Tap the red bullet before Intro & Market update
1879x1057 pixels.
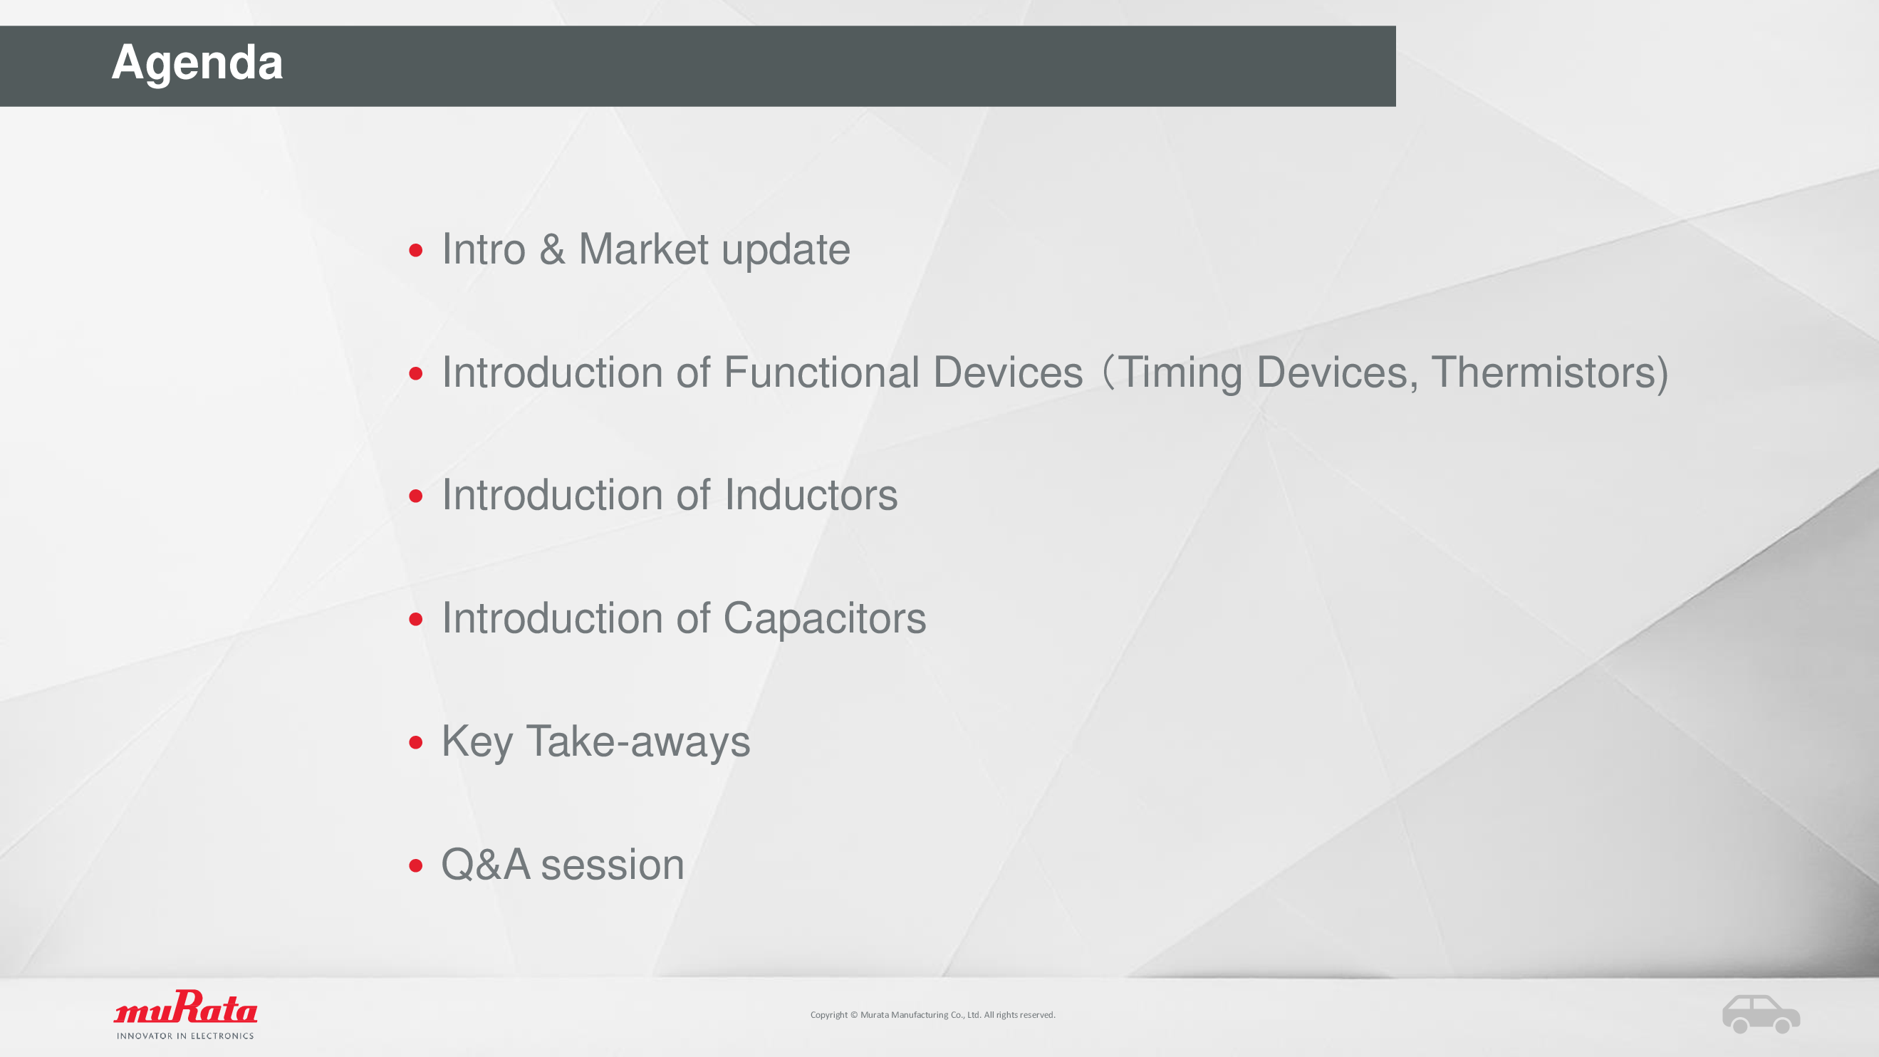point(416,251)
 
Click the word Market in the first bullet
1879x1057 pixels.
point(643,249)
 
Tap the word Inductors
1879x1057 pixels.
point(811,494)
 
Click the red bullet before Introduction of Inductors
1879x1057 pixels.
point(416,496)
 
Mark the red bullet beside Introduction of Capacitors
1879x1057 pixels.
point(416,620)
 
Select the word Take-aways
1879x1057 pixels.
point(637,742)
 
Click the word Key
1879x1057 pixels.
point(477,742)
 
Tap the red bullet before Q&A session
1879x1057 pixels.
point(416,866)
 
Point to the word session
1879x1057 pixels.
point(612,865)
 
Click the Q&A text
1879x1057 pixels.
point(485,865)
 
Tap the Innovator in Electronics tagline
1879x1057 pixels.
point(185,1036)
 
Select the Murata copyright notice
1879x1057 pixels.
point(933,1015)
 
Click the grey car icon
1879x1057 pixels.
point(1761,1014)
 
